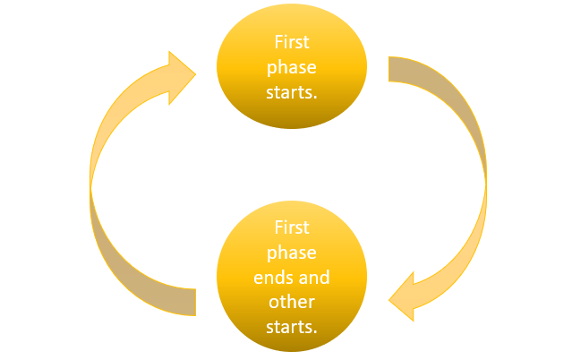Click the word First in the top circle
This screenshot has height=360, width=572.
(292, 42)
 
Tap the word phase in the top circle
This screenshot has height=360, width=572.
(292, 67)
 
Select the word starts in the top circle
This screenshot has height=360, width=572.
(290, 92)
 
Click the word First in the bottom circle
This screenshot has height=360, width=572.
(292, 229)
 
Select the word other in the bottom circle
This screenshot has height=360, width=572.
(292, 302)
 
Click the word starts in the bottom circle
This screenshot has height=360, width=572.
(290, 326)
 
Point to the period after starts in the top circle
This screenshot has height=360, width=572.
(316, 96)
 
